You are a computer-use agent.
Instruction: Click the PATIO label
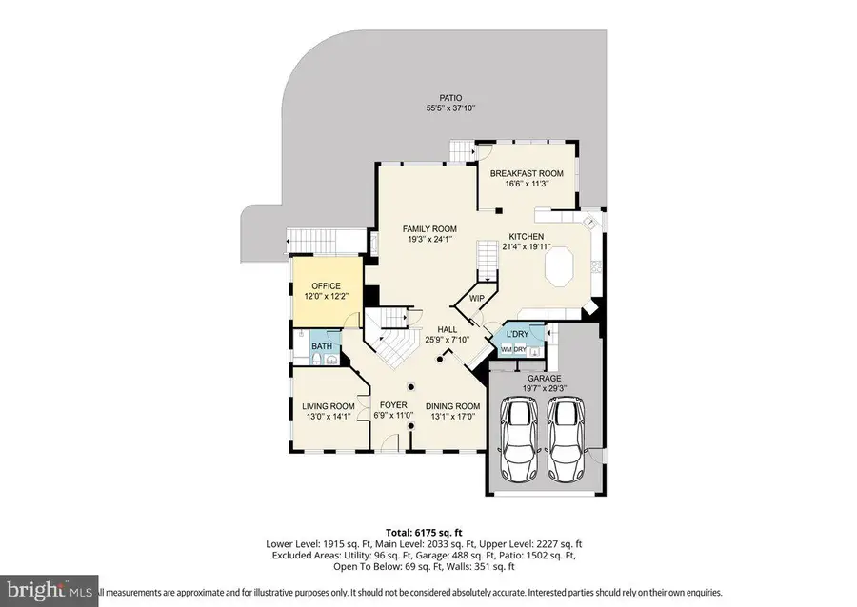(x=450, y=97)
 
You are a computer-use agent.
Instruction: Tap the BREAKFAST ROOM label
(x=527, y=173)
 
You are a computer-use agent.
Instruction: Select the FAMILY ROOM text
(x=429, y=229)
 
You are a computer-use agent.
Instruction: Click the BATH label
(x=322, y=346)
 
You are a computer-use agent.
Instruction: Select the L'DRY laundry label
(x=517, y=334)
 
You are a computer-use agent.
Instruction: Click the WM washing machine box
(x=507, y=350)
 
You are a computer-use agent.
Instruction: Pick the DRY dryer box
(x=521, y=350)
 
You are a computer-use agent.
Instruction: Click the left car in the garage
(x=521, y=441)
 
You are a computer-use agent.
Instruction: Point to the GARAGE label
(x=545, y=378)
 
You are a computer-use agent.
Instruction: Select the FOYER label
(x=393, y=405)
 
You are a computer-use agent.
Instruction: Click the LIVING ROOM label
(x=327, y=405)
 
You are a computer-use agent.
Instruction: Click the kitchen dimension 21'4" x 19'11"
(x=526, y=246)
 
